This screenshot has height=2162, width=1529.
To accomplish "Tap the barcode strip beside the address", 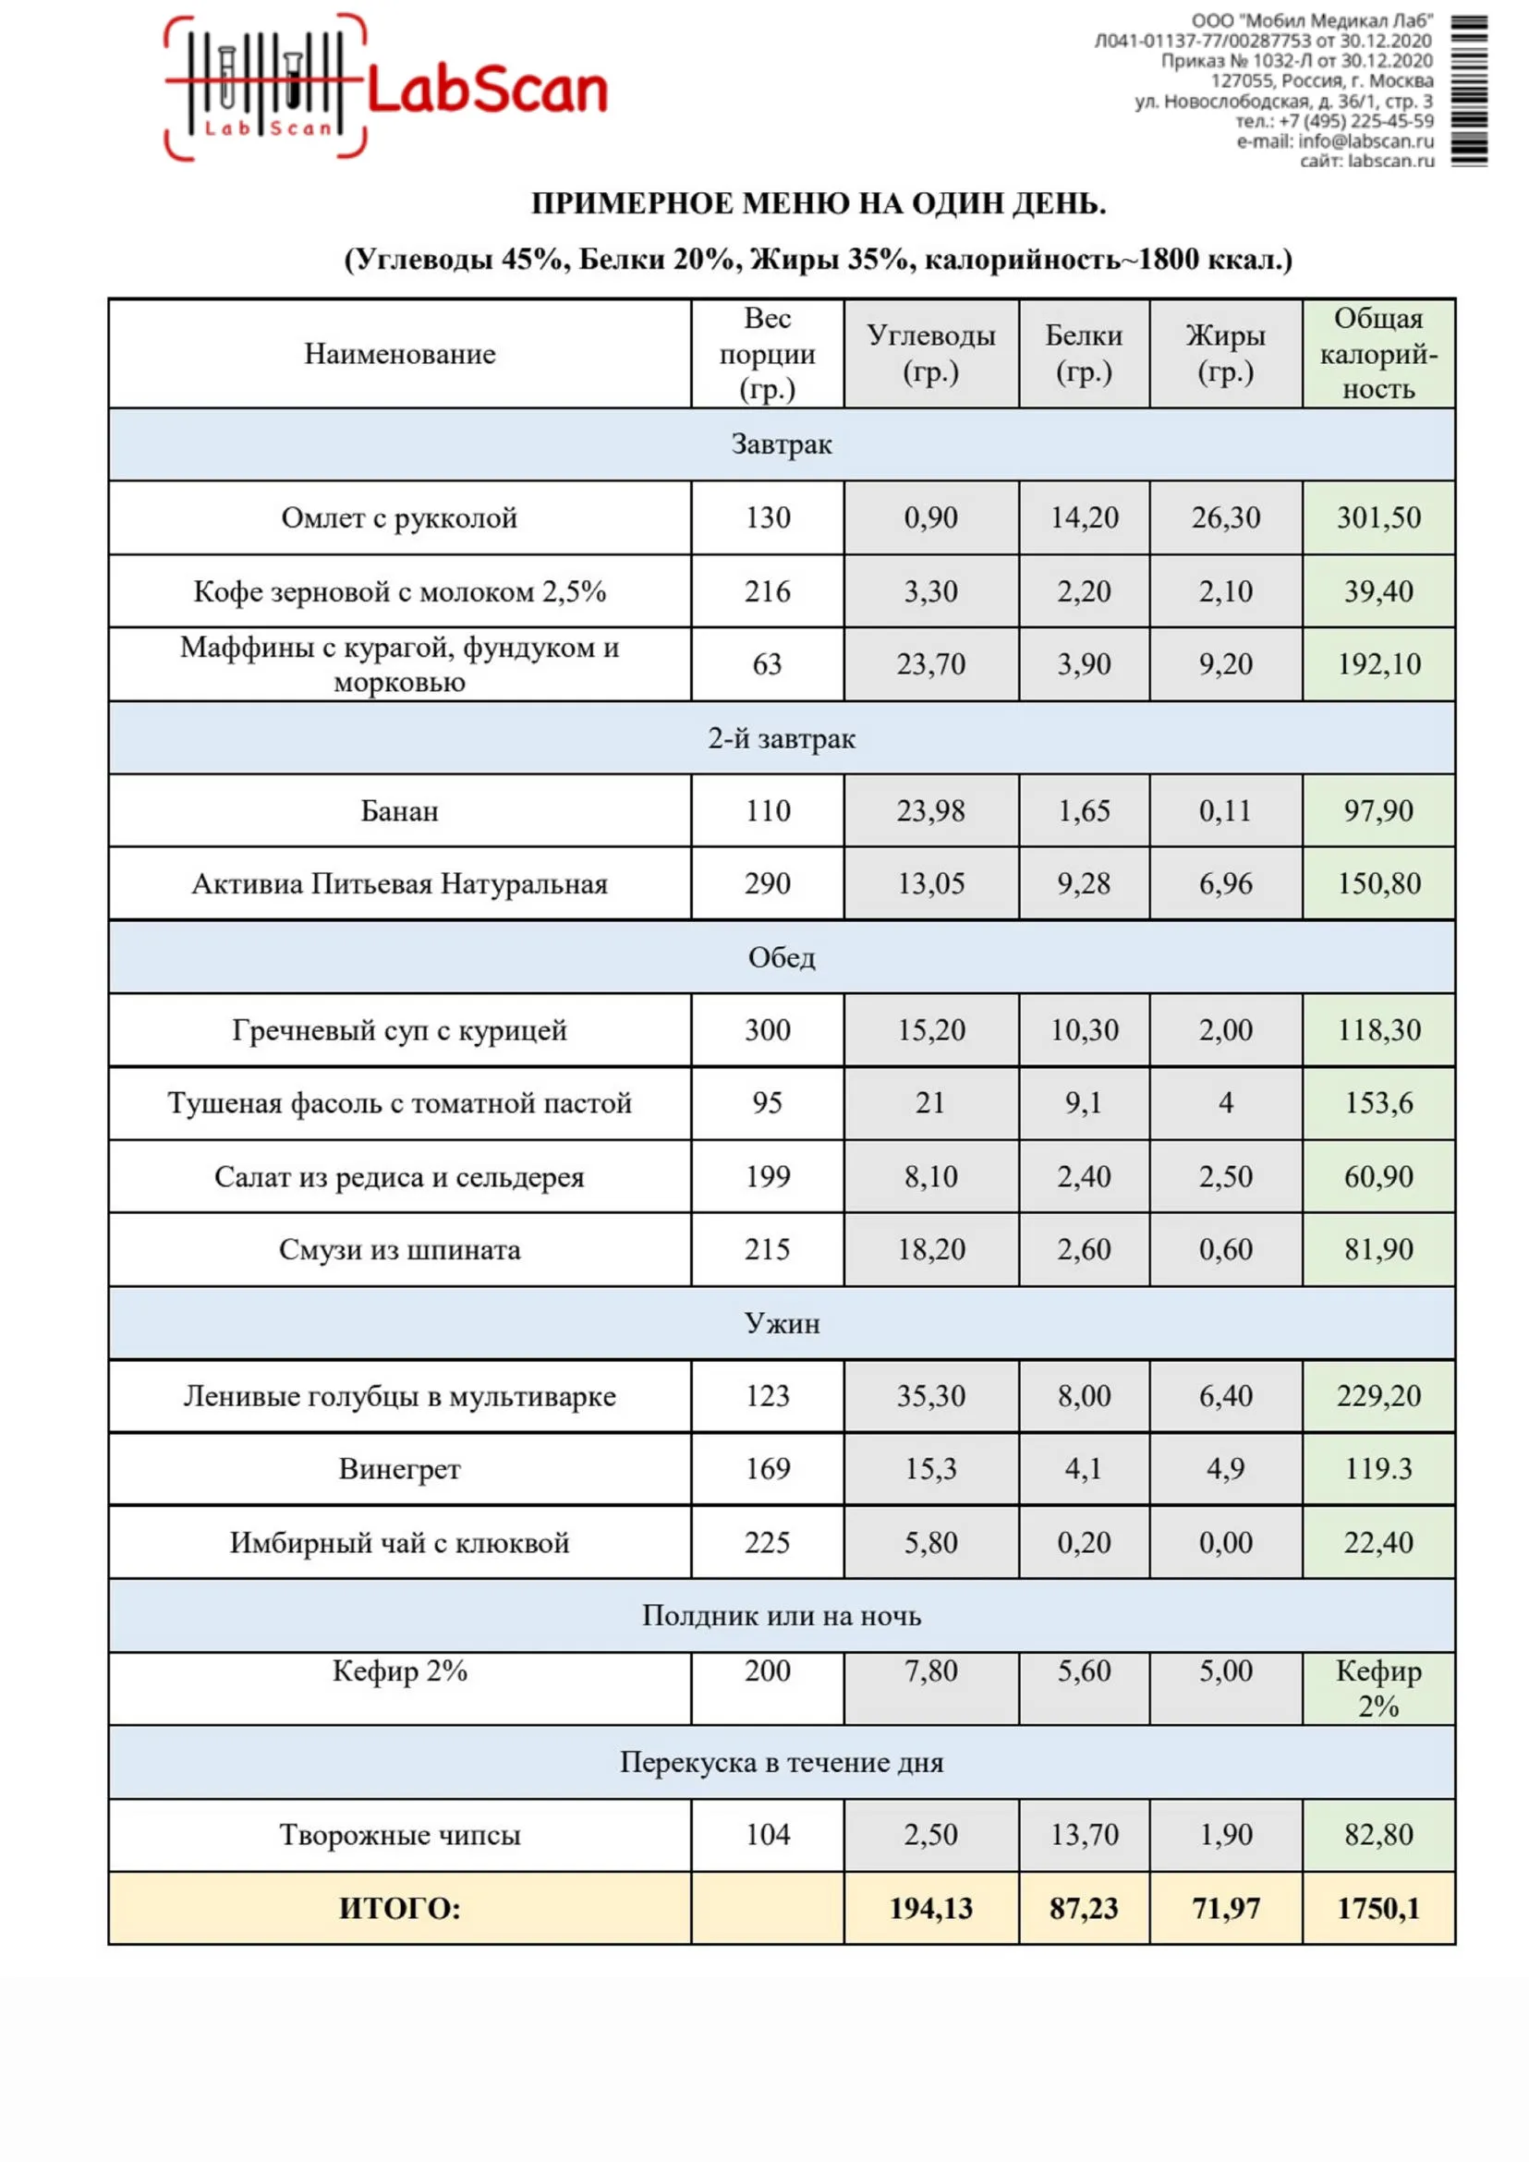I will click(1468, 91).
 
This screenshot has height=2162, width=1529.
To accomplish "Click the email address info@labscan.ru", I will click(1365, 141).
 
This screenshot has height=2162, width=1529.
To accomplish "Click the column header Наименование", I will click(399, 354).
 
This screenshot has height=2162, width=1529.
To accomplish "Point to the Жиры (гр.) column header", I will click(1225, 354).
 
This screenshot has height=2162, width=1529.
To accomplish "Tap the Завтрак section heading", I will click(782, 444).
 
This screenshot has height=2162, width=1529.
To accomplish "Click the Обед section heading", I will click(782, 957).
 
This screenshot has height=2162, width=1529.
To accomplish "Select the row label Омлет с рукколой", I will click(399, 518).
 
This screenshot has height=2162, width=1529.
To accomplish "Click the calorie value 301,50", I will click(1378, 518).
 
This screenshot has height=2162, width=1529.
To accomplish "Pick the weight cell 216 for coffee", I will click(768, 591).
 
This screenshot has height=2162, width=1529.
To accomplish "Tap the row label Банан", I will click(399, 811).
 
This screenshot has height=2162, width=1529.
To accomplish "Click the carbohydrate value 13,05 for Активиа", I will click(930, 884).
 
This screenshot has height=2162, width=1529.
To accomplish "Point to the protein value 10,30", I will click(1084, 1030).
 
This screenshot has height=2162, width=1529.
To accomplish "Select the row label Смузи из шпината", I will click(399, 1249).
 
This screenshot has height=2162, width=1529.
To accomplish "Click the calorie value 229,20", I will click(1378, 1396).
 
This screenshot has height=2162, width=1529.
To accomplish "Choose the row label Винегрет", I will click(399, 1469).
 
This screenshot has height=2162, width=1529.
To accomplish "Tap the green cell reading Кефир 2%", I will click(1378, 1688).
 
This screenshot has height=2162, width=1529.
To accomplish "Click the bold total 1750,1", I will click(1378, 1909).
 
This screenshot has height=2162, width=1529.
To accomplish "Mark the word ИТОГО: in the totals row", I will click(399, 1909).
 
